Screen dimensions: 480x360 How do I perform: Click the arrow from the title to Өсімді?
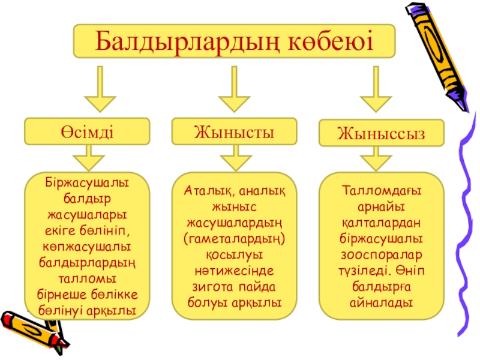click(99, 89)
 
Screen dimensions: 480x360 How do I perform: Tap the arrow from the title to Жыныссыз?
click(376, 89)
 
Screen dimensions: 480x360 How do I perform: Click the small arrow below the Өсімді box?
click(89, 159)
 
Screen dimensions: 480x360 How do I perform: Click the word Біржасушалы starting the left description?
click(88, 181)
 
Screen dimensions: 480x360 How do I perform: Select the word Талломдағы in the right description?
click(382, 191)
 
